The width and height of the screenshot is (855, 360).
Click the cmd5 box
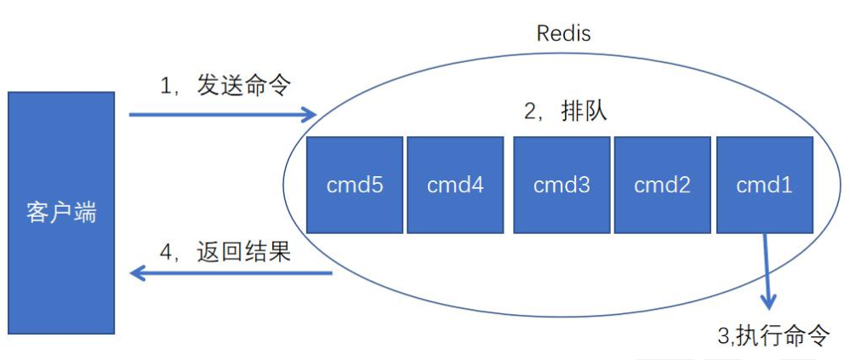[354, 185]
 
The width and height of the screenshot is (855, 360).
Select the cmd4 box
[455, 185]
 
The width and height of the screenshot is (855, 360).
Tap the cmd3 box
[561, 185]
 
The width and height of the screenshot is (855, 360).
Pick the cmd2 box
[662, 185]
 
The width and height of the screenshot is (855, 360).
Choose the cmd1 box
[764, 185]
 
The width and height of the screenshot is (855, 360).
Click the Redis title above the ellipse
[563, 34]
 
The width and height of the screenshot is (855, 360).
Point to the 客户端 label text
[61, 213]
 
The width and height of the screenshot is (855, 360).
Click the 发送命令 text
[244, 85]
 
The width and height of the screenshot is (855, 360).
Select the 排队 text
[584, 111]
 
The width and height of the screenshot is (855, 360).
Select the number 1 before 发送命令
[167, 85]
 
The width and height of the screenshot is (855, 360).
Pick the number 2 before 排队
[531, 112]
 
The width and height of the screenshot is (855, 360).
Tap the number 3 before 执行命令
[723, 336]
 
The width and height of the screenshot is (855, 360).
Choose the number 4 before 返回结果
[168, 253]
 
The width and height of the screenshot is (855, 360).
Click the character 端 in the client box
[85, 213]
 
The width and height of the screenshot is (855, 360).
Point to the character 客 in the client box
[37, 213]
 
